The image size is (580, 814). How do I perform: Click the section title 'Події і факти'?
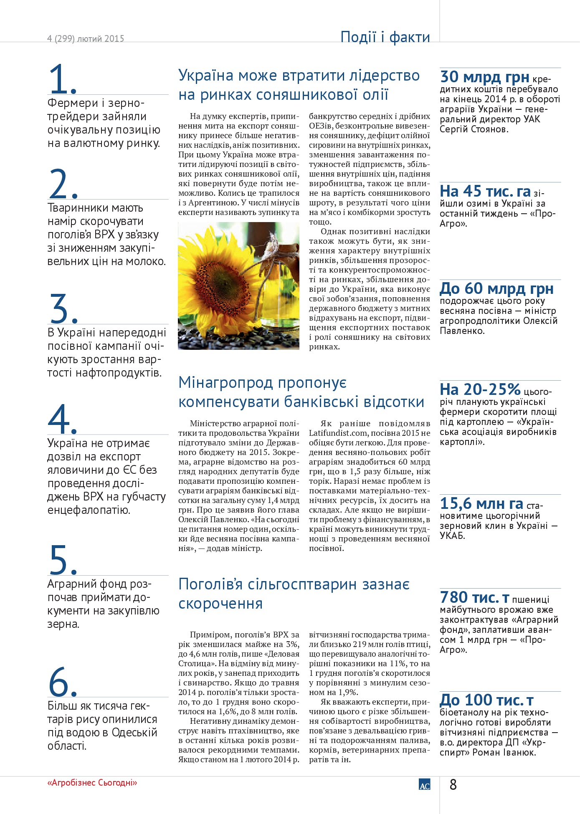point(385,37)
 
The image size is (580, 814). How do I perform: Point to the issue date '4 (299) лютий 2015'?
point(86,39)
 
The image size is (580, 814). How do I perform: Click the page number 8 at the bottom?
point(453,785)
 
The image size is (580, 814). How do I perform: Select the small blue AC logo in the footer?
point(424,785)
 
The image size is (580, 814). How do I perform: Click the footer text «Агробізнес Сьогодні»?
point(92,783)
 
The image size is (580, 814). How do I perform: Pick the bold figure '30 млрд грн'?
point(485,77)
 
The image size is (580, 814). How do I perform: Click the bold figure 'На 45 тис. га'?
point(485,192)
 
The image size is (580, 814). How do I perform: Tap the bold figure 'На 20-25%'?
point(480,389)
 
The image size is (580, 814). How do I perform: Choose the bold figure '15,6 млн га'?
point(481,504)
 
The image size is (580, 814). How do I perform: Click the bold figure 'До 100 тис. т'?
point(486,700)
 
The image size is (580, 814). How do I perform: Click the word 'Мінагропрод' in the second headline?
point(225,383)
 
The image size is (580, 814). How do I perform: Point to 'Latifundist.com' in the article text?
point(338,433)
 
